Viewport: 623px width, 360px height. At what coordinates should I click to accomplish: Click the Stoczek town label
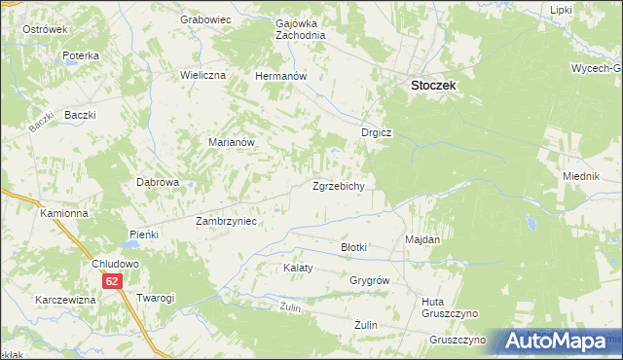pos(433,85)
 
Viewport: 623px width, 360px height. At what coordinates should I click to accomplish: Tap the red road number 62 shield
pos(113,281)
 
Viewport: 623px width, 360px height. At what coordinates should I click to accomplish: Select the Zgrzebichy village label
pos(338,186)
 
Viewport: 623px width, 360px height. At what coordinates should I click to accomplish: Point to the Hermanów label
pos(280,75)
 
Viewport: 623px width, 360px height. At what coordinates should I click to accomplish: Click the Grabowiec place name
pos(204,18)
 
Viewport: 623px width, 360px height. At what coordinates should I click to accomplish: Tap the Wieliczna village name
pos(203,75)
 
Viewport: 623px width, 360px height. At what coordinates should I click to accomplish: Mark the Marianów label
pos(232,141)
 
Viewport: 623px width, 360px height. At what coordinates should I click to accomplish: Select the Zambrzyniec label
pos(226,221)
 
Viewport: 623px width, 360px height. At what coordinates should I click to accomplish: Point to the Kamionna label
pos(64,212)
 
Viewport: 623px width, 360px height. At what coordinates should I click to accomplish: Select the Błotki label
pos(353,247)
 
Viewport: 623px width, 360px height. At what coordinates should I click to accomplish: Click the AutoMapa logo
pos(561,342)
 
